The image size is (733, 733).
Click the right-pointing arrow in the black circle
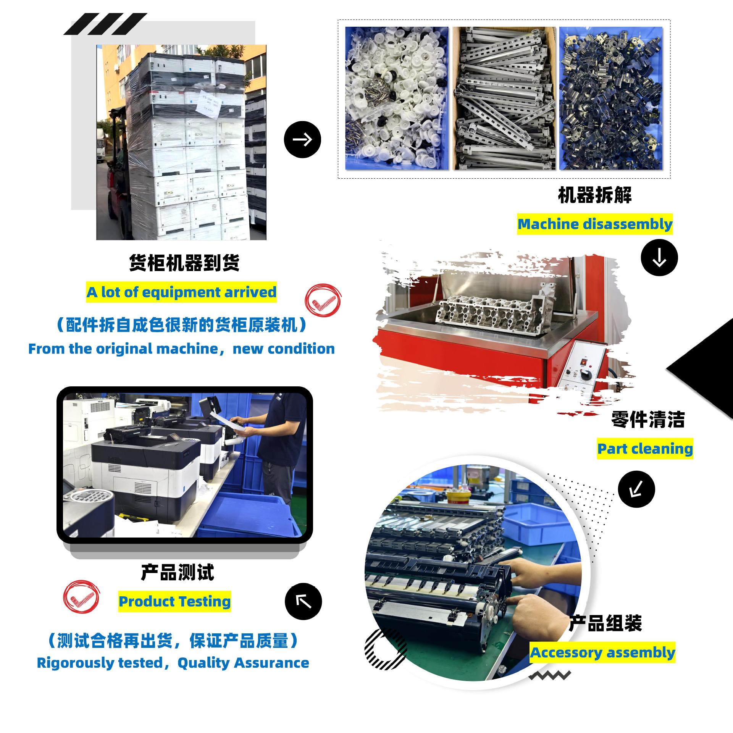point(302,139)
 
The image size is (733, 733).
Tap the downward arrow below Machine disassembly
point(659,258)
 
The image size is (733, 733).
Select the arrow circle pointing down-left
point(636,489)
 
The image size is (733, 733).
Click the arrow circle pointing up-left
point(304,602)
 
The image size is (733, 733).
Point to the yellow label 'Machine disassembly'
point(595,224)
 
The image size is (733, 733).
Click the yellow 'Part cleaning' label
point(645,449)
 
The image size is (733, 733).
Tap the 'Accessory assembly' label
point(602,652)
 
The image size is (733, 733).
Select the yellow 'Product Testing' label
point(174,601)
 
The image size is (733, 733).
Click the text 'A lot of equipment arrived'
point(181,292)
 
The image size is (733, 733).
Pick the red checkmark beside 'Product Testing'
point(81,601)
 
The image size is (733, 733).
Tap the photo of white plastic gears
point(397,98)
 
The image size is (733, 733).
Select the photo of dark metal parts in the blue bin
point(611,98)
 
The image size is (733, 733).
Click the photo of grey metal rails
point(504,98)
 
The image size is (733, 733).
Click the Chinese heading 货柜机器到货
point(184,263)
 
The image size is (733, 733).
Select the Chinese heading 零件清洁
point(648,419)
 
